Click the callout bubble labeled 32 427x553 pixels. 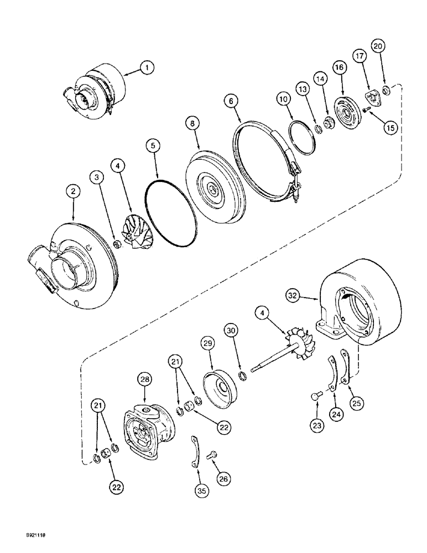[x=294, y=296]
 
